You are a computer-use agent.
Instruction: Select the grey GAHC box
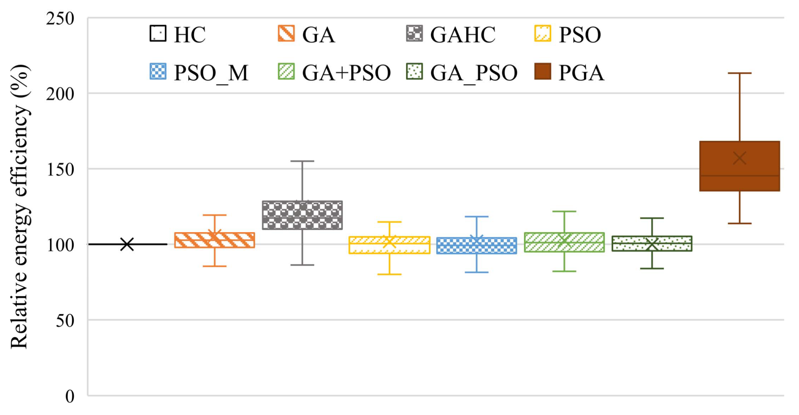pos(302,215)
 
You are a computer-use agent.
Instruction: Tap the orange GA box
pos(215,240)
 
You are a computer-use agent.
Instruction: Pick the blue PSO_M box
pos(476,246)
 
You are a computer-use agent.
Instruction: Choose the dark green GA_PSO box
pos(651,243)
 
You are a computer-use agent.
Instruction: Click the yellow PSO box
pos(389,245)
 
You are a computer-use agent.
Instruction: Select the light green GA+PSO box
pos(564,242)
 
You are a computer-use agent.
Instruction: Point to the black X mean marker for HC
pos(127,244)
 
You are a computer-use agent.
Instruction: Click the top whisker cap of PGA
pos(739,73)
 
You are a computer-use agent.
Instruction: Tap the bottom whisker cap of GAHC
pos(302,265)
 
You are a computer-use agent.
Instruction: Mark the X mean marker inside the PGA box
pos(739,158)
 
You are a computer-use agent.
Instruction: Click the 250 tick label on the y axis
pos(60,18)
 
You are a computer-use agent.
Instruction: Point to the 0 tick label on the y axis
pos(70,396)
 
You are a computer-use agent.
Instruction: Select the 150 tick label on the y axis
pos(60,169)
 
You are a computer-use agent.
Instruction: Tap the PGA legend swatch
pos(542,72)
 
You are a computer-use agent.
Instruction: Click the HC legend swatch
pos(158,34)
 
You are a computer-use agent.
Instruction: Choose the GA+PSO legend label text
pos(346,73)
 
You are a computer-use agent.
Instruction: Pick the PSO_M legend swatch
pos(158,72)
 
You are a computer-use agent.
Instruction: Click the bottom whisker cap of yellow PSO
pos(389,274)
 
